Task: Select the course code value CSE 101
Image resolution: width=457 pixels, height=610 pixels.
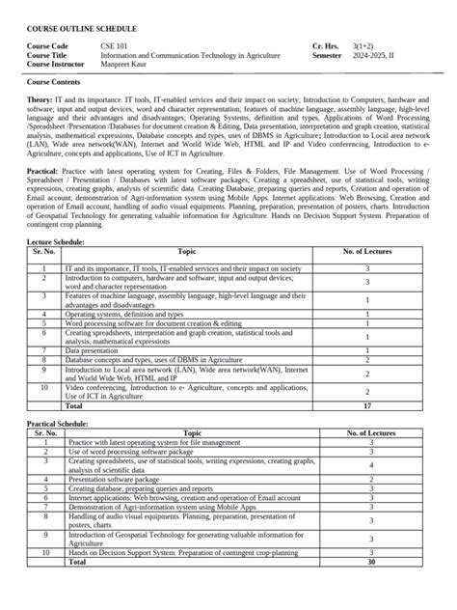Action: tap(116, 46)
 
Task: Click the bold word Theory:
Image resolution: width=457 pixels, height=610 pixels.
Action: tap(40, 99)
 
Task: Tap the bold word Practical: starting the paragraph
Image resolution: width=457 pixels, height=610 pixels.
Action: tap(46, 174)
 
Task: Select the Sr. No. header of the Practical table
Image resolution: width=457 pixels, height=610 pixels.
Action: tap(44, 433)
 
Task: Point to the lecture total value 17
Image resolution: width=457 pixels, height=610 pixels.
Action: tap(367, 406)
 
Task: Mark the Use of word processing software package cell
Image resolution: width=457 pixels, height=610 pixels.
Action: tap(130, 451)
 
